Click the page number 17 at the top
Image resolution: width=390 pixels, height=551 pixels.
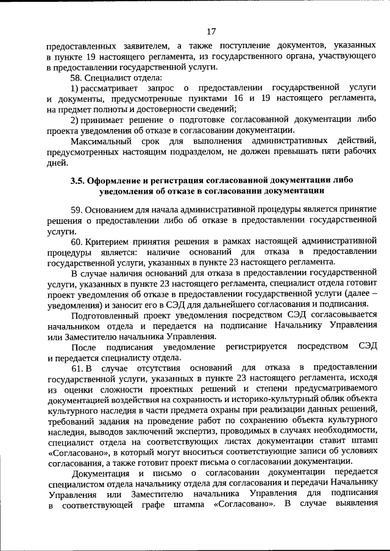coord(211,32)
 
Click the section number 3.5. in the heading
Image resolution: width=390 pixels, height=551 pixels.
coord(77,181)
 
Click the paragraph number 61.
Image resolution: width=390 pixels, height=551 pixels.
coord(77,368)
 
